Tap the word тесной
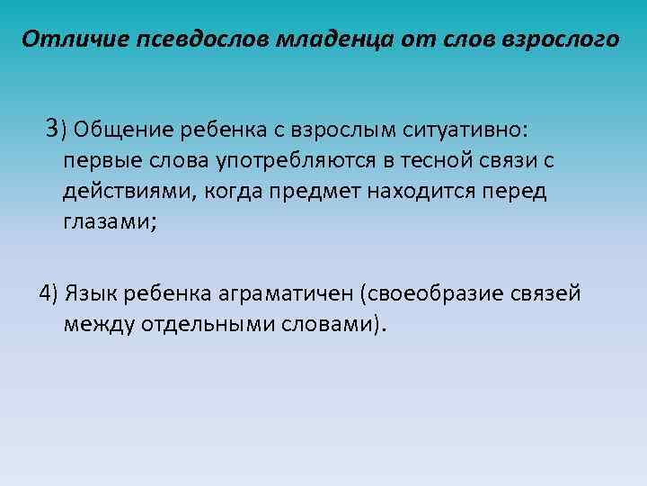click(420, 161)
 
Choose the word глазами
click(108, 222)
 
